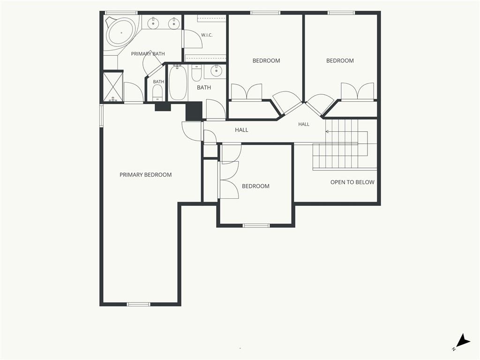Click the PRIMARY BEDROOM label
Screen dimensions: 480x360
coord(145,175)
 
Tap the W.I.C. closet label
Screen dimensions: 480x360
coord(207,35)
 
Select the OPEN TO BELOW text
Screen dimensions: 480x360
coord(352,182)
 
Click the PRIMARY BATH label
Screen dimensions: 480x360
coord(148,54)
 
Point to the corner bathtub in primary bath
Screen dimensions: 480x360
coord(121,32)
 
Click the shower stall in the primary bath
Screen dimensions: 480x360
coord(113,86)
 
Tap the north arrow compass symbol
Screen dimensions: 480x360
coord(463,342)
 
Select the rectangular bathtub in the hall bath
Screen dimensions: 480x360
coord(178,82)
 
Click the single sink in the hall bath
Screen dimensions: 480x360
coord(217,71)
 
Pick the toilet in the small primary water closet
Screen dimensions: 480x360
coord(157,93)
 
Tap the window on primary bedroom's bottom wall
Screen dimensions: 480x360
coord(139,304)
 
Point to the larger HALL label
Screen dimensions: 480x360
coord(241,130)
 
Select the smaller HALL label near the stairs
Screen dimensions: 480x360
coord(304,124)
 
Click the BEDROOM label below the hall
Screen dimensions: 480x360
coord(255,186)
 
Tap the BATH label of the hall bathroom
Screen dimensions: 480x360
coord(204,88)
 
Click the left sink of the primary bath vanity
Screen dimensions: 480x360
coord(153,22)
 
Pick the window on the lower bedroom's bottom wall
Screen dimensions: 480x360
coord(256,225)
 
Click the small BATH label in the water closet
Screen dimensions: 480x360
coord(158,82)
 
